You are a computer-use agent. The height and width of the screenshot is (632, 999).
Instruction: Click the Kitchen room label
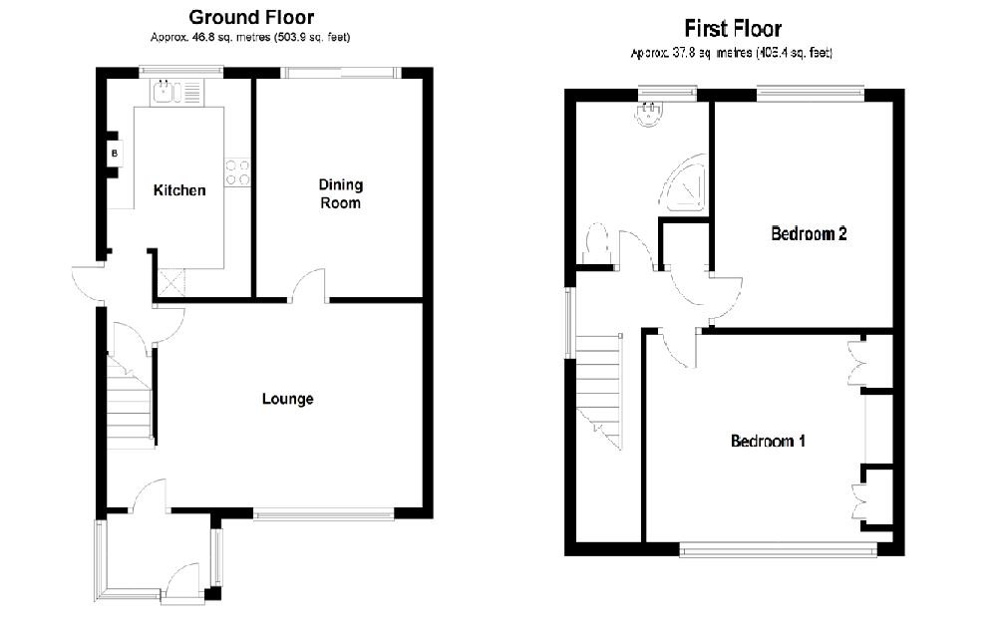tap(178, 190)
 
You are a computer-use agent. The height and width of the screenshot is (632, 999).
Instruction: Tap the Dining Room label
tap(340, 193)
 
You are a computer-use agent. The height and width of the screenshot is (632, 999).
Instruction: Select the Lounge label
tap(287, 399)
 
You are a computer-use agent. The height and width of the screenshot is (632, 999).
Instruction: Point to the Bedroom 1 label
tap(768, 441)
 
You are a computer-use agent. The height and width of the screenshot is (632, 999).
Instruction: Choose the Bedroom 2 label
tap(809, 234)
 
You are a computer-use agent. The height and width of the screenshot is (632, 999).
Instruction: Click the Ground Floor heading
tap(250, 17)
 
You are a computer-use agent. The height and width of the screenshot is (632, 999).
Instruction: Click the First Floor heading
tap(732, 29)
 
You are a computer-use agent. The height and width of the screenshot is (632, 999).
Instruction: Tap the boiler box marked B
tap(115, 154)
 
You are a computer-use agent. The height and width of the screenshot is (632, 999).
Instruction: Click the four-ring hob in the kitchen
tap(237, 172)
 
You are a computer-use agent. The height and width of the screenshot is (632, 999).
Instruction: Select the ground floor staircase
tap(130, 404)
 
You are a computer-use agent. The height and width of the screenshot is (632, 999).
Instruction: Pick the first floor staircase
tap(600, 389)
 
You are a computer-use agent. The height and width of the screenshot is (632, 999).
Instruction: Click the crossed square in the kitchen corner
tap(169, 283)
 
